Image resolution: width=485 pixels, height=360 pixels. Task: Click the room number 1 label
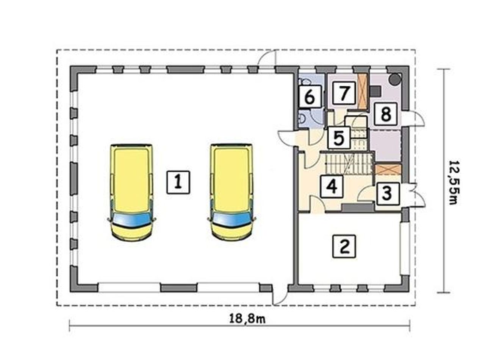pos(178,182)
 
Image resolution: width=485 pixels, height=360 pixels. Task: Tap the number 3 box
pos(386,193)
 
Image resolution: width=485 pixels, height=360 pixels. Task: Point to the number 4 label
pos(332,186)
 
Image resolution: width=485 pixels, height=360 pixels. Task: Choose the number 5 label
pos(339,138)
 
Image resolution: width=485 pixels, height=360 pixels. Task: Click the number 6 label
pos(310,97)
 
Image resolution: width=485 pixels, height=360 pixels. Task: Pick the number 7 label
pos(344,93)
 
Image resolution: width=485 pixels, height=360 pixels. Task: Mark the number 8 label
pos(386,114)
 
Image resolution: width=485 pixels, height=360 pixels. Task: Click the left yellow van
pos(132,192)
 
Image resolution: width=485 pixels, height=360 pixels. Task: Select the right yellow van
pos(232,192)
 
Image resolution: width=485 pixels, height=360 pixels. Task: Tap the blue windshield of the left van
pos(132,220)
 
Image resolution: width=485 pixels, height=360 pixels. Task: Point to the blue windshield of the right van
pos(232,220)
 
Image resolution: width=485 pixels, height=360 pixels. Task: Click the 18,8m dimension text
pos(247,319)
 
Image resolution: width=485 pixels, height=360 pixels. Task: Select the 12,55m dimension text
pos(453,182)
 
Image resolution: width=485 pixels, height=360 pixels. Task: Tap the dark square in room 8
pos(375,91)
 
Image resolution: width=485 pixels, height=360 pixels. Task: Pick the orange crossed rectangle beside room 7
pos(363,92)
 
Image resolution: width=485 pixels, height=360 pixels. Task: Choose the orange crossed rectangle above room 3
pos(388,170)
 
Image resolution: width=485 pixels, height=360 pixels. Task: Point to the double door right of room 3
pos(413,195)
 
